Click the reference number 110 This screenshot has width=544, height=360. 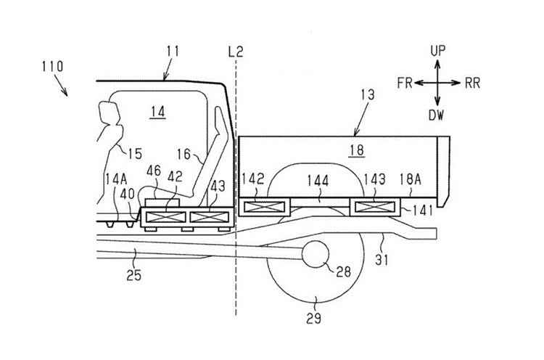click(x=53, y=66)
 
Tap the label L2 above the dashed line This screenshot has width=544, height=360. click(x=236, y=52)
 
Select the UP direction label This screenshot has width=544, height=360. click(x=438, y=51)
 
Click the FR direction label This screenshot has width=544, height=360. click(x=405, y=83)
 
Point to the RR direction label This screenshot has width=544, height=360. click(x=472, y=83)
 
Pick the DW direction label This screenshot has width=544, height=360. click(x=437, y=115)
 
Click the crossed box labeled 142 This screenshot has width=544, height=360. click(x=264, y=208)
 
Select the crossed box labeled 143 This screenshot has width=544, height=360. click(x=375, y=208)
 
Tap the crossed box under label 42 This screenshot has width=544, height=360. click(x=165, y=217)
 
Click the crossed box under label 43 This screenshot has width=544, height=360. click(x=209, y=217)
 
